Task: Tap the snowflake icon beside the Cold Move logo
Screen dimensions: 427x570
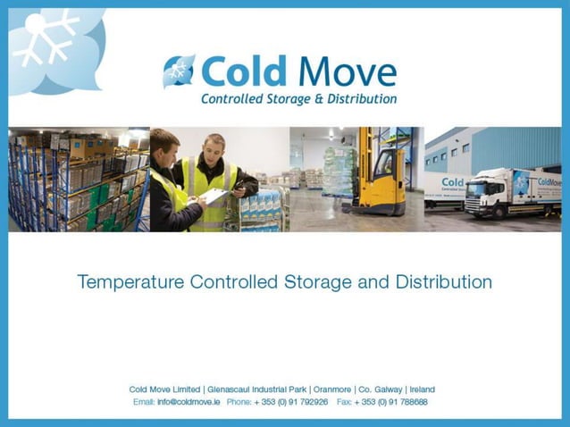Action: [x=178, y=72]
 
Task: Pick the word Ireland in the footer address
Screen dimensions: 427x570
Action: [x=422, y=389]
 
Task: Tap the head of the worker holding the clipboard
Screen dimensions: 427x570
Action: [x=213, y=146]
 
